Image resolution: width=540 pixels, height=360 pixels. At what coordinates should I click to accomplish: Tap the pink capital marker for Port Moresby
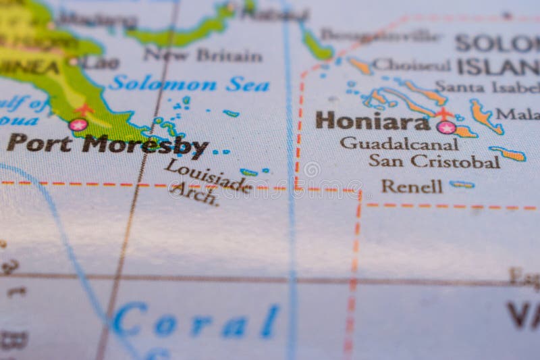click(78, 125)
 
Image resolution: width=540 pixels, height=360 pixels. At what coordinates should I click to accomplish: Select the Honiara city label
click(372, 122)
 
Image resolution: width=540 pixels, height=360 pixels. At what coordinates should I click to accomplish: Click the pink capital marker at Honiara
click(446, 126)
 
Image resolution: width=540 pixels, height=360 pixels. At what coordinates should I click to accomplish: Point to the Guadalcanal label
click(399, 143)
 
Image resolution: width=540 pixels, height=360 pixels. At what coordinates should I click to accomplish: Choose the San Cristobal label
click(434, 161)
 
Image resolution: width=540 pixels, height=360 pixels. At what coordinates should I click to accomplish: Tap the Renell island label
click(412, 186)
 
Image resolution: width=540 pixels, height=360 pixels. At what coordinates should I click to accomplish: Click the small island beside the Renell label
click(462, 184)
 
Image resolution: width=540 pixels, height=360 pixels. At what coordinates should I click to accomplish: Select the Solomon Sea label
click(189, 84)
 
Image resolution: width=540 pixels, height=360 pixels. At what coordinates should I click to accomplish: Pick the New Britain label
click(203, 55)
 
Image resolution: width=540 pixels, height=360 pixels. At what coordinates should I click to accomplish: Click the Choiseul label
click(411, 66)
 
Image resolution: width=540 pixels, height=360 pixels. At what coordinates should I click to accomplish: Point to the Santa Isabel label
click(486, 87)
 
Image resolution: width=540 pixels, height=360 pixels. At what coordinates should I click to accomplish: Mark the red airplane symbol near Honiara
click(443, 113)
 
